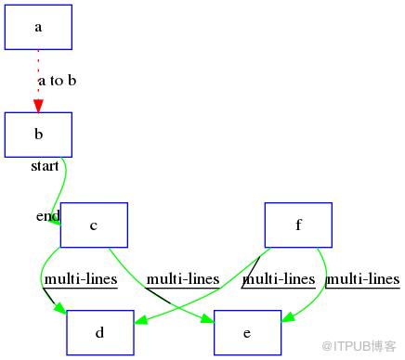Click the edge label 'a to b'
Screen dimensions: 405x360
point(58,81)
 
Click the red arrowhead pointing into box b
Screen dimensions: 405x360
point(38,106)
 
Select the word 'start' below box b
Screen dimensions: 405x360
point(45,166)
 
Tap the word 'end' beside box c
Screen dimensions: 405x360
point(48,215)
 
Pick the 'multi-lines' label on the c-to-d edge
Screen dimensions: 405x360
point(81,279)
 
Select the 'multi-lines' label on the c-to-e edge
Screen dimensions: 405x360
point(183,279)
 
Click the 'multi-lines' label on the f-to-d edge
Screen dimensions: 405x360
point(279,279)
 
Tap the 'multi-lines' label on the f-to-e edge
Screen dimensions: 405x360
point(363,279)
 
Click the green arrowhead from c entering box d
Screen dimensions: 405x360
point(60,308)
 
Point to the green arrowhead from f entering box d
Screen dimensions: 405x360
point(141,320)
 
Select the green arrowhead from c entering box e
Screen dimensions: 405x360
point(207,319)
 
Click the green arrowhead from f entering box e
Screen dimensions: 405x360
point(288,317)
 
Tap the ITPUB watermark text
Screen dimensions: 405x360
point(359,346)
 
